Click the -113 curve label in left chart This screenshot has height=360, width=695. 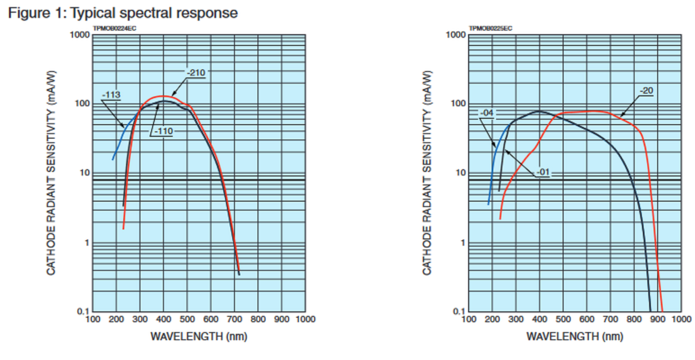tap(112, 94)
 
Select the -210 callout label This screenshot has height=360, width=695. tap(196, 72)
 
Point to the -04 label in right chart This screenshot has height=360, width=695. tap(487, 112)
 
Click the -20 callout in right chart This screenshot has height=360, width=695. tap(645, 90)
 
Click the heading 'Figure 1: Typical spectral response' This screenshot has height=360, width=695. tap(123, 13)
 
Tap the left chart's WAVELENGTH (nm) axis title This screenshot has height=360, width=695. tap(198, 337)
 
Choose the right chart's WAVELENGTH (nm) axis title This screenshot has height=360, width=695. tap(573, 337)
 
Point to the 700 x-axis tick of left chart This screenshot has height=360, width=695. tap(234, 319)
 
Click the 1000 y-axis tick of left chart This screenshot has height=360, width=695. tap(79, 35)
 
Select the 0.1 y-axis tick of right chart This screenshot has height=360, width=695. tap(457, 311)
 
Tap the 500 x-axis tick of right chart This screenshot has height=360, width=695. tap(562, 319)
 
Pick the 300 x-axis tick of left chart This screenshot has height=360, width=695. tap(140, 319)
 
